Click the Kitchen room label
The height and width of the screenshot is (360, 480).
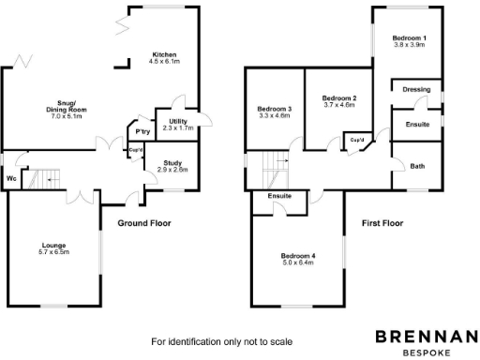(x=163, y=55)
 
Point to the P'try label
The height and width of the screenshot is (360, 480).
(x=143, y=132)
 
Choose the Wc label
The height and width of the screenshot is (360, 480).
(x=11, y=178)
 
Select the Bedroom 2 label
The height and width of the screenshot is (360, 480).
(x=339, y=98)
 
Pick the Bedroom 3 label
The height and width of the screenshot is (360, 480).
(x=275, y=109)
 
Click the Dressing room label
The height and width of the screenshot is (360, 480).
(x=416, y=90)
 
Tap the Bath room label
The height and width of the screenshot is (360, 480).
(x=416, y=166)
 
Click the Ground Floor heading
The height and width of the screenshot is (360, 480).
(x=144, y=224)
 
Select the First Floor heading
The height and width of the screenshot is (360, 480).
(x=382, y=224)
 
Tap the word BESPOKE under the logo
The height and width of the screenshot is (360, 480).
(x=427, y=353)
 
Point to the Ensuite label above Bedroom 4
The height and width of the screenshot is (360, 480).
(x=279, y=196)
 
